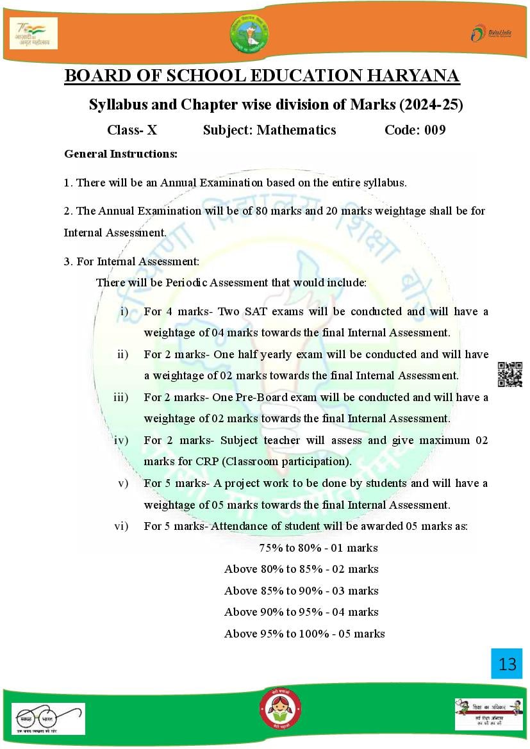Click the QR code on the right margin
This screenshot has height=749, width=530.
tap(509, 374)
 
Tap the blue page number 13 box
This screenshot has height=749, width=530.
tap(507, 663)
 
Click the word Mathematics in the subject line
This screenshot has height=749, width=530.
tap(296, 130)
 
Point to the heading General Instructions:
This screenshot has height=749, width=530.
tap(120, 154)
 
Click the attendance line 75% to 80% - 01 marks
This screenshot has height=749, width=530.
tap(318, 548)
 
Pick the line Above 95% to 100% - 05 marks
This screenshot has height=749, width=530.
tap(304, 634)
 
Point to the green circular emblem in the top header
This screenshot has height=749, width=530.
tap(249, 33)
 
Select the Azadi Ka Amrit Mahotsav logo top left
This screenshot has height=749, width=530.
tap(34, 33)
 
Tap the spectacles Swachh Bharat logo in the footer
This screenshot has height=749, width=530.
tap(49, 718)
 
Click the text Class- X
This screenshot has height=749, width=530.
tap(132, 130)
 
